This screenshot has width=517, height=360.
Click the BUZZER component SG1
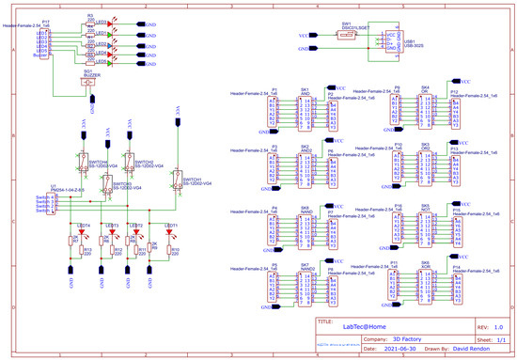tap(90, 82)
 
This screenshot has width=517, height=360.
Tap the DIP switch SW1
tap(345, 35)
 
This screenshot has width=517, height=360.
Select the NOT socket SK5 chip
tap(425, 228)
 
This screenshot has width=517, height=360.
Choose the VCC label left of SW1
tap(303, 35)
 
